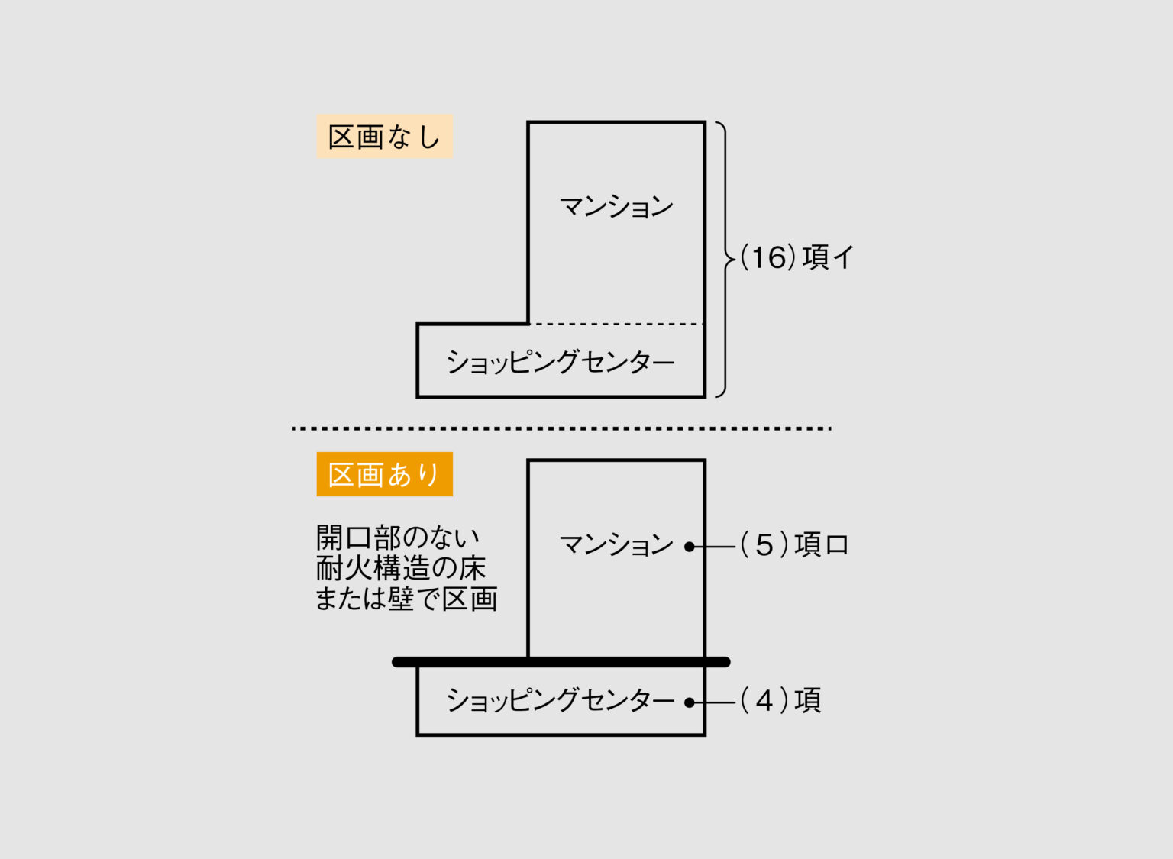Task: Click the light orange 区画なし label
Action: pos(384,137)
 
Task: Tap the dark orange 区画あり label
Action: pos(384,474)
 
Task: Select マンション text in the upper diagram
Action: pos(616,207)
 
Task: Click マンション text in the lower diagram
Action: pos(616,545)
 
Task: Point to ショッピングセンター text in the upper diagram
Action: pos(561,362)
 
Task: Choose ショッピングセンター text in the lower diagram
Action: pos(561,700)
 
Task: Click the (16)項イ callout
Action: pos(797,258)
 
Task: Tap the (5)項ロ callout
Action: pos(794,545)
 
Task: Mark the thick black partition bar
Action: pos(561,662)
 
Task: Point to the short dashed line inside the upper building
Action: pos(616,324)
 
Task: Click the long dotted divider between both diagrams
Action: pos(561,428)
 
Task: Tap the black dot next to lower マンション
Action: pos(690,547)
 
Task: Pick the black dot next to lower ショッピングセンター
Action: pos(690,702)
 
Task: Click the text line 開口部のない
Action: pos(398,538)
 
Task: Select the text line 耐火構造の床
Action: pos(401,568)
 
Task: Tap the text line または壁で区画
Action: pos(406,599)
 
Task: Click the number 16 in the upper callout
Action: pos(769,258)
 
